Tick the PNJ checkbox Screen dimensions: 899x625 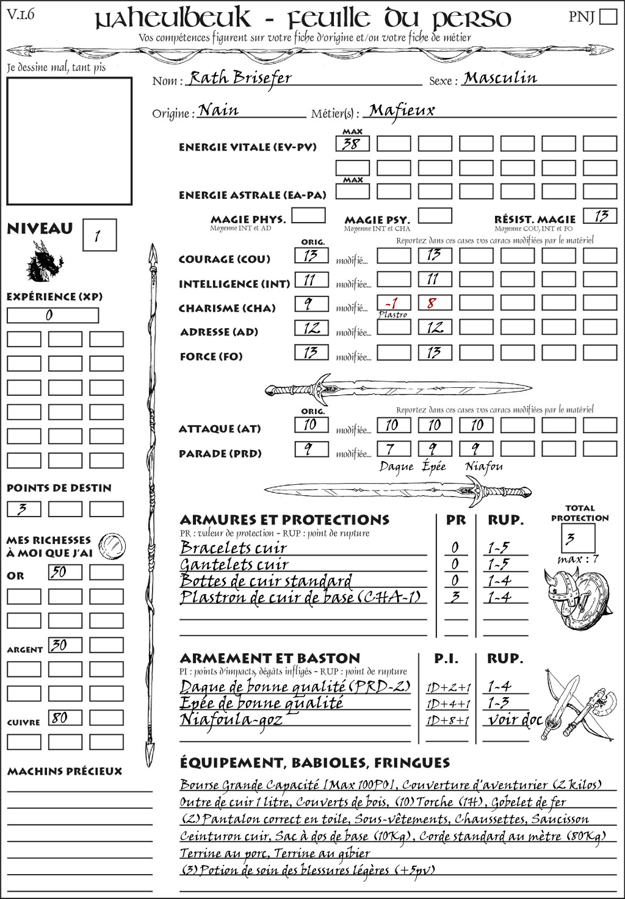click(x=609, y=16)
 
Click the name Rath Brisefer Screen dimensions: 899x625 click(x=239, y=78)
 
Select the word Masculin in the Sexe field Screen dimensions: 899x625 click(x=500, y=78)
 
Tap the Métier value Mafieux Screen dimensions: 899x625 click(x=402, y=110)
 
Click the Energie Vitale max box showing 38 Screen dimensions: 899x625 click(x=352, y=144)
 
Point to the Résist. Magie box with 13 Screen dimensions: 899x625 click(x=600, y=216)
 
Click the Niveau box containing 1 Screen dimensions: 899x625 click(x=99, y=235)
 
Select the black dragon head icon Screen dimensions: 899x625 click(x=45, y=263)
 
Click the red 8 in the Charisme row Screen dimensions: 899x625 click(x=432, y=303)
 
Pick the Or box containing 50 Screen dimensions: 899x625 click(x=65, y=572)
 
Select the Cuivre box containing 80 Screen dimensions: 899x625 click(x=65, y=718)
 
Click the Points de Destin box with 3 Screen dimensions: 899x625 click(x=24, y=509)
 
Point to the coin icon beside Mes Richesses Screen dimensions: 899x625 click(x=112, y=544)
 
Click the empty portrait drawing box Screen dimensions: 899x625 click(x=69, y=141)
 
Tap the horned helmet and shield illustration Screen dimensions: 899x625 click(x=573, y=594)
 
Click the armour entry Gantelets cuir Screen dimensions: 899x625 click(x=234, y=564)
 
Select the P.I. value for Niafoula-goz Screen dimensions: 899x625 click(x=448, y=720)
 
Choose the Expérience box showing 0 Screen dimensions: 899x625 click(x=52, y=315)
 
